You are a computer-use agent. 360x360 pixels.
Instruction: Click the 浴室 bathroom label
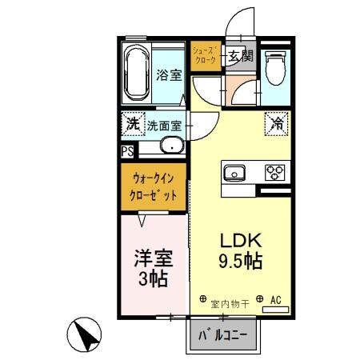(x=168, y=75)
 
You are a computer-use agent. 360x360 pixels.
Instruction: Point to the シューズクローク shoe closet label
(x=203, y=55)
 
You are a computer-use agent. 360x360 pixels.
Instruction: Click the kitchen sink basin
(x=236, y=172)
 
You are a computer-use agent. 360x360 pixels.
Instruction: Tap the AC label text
(x=276, y=300)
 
